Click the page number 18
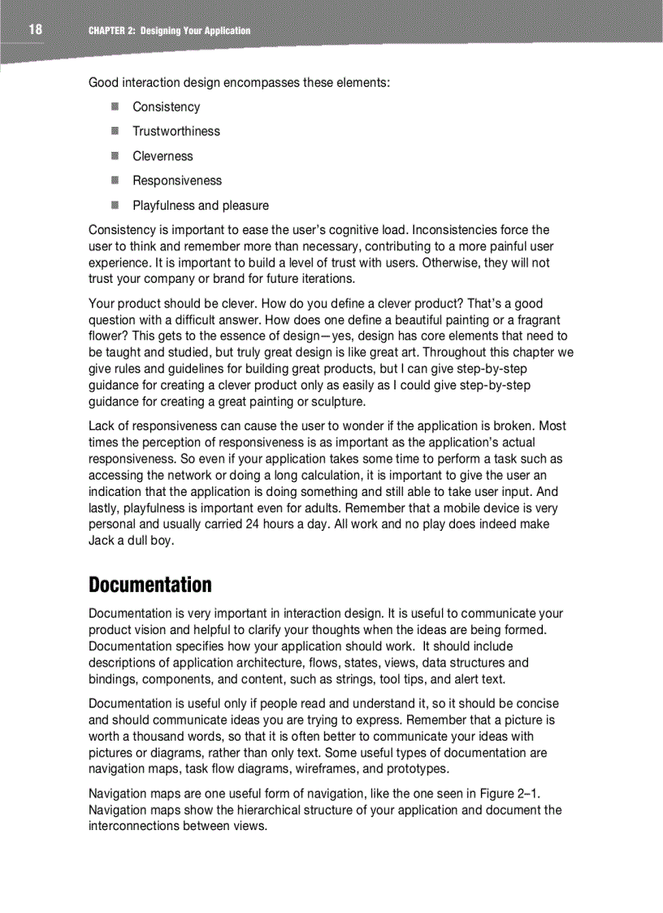click(35, 30)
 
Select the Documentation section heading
click(149, 585)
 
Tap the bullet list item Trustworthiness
click(175, 131)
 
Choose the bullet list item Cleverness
click(162, 156)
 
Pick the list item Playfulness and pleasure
click(200, 206)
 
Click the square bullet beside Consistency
click(116, 107)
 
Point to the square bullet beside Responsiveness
click(116, 180)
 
